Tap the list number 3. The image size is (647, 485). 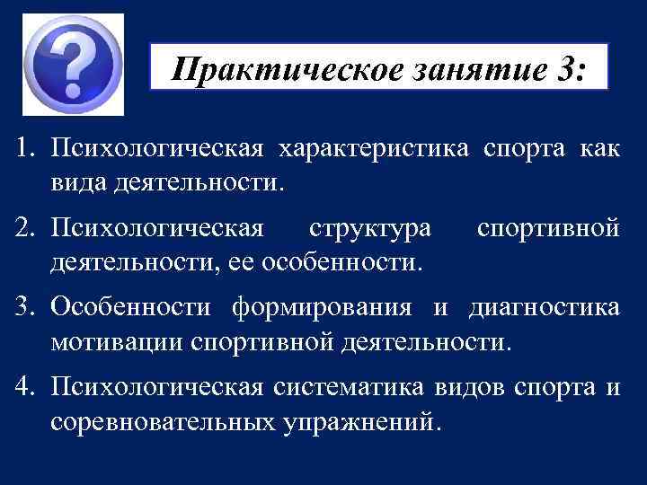22,307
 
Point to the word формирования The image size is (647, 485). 323,307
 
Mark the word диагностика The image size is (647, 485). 543,307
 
